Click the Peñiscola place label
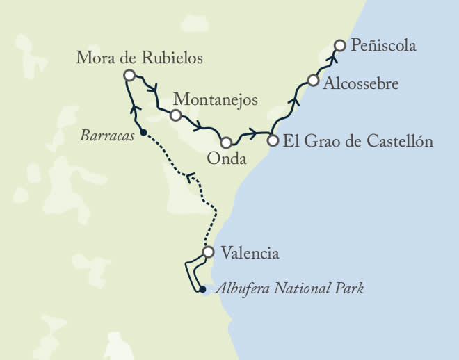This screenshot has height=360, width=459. tap(384, 47)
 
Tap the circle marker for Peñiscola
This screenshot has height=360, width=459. tap(339, 46)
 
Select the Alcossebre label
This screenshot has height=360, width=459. tap(362, 83)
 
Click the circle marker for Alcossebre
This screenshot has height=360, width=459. tap(313, 81)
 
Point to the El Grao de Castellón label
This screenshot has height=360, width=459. tap(359, 141)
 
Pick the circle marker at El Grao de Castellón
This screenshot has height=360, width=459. tap(273, 140)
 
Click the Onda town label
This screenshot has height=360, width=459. tap(227, 160)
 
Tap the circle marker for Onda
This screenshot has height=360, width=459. tap(226, 142)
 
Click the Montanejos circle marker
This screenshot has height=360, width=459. tap(176, 115)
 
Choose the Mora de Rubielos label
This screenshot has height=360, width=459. tap(140, 58)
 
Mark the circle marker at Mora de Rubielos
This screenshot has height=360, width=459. tap(128, 75)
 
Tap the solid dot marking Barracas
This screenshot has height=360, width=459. tap(143, 132)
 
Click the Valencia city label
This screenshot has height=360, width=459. tap(250, 253)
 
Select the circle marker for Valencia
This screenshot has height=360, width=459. tap(207, 252)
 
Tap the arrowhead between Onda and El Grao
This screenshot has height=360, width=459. tap(252, 133)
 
